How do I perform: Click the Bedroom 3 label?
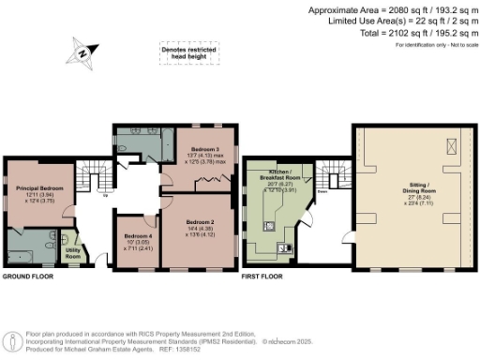(206, 149)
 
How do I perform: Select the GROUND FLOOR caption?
(27, 277)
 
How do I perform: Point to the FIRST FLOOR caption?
(263, 277)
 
